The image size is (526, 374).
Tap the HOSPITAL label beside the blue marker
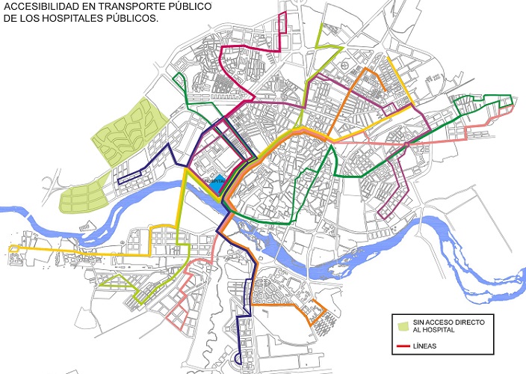click(x=213, y=180)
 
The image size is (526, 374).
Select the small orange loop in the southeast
click(x=320, y=312)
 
